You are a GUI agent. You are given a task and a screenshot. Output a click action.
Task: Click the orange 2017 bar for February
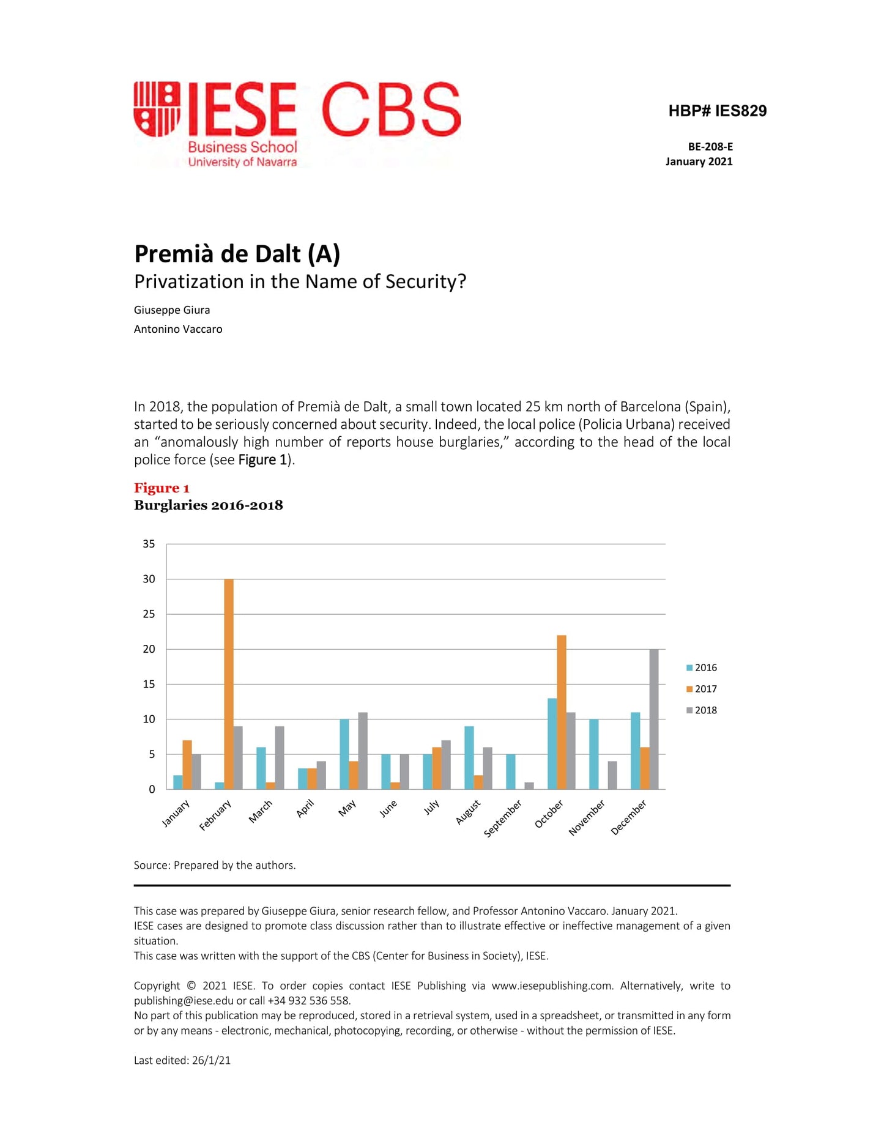[229, 684]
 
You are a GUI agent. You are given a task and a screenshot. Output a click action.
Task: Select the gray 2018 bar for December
[654, 719]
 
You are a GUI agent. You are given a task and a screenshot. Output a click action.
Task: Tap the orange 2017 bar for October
[561, 712]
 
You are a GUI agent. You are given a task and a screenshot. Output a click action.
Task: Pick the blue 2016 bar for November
[593, 754]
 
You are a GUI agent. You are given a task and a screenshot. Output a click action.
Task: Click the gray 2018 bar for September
[529, 786]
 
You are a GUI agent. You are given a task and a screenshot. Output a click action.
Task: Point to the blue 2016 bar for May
[344, 754]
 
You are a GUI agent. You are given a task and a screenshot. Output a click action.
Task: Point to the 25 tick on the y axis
[149, 614]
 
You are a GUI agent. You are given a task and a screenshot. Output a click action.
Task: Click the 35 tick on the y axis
[149, 544]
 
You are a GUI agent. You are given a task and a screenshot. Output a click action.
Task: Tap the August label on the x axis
[469, 812]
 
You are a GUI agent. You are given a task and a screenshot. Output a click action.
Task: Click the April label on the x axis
[305, 809]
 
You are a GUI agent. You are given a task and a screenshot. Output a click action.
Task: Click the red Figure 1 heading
[162, 488]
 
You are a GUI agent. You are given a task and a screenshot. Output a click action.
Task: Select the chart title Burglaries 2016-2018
[208, 505]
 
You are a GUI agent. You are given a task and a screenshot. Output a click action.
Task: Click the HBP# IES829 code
[717, 111]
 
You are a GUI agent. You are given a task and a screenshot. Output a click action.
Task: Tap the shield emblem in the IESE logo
[157, 109]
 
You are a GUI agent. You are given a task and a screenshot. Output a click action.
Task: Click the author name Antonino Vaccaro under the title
[178, 329]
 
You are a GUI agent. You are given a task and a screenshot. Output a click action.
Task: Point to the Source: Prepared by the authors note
[215, 865]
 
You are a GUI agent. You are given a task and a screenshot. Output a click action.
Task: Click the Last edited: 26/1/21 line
[182, 1060]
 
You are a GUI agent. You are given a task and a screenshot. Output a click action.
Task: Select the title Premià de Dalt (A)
[237, 254]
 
